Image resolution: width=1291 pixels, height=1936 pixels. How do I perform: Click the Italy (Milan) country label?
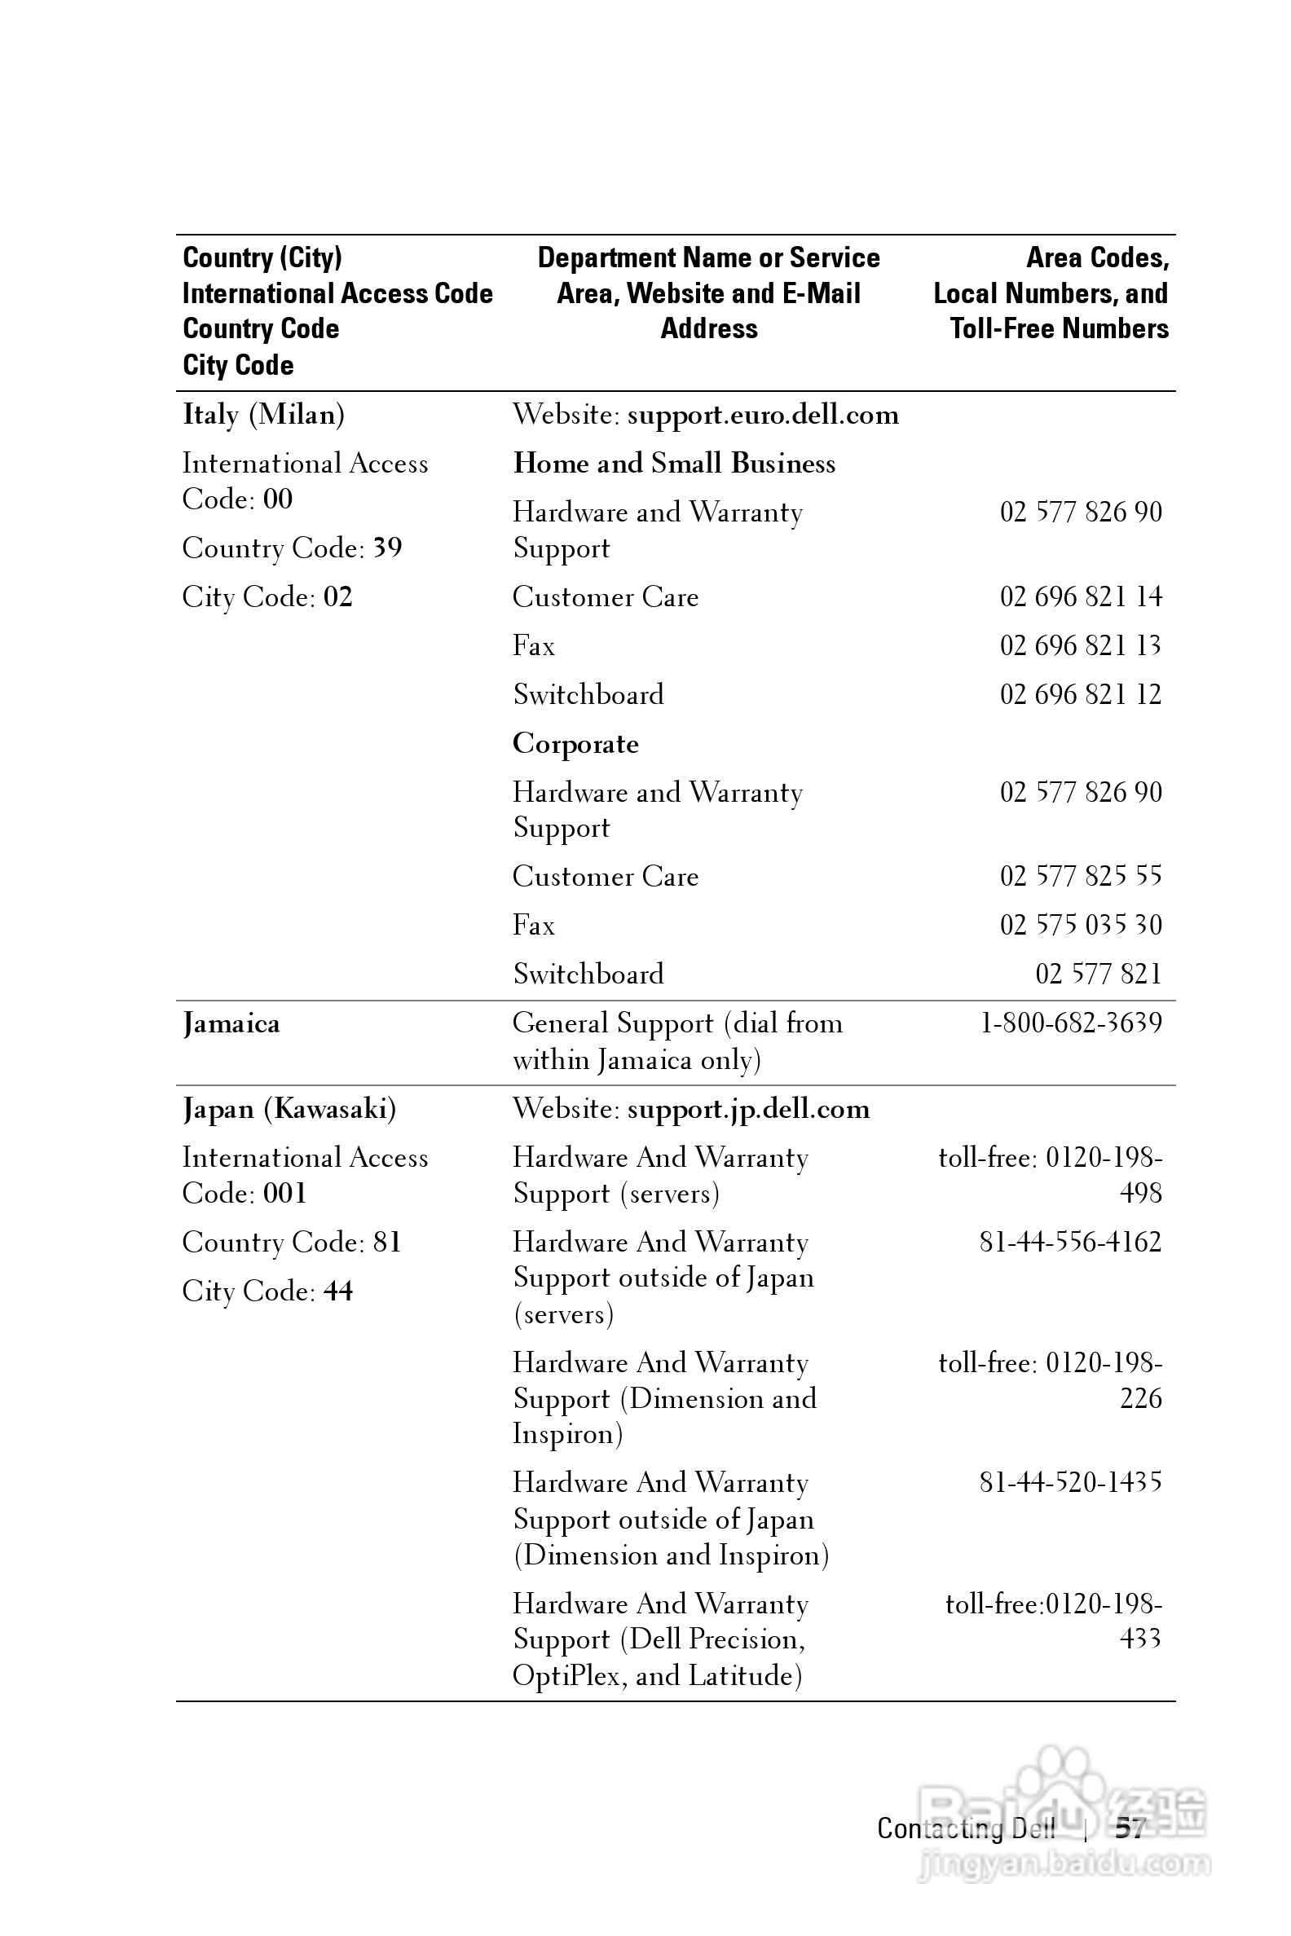(263, 414)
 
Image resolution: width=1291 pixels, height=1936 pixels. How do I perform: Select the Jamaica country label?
(231, 1024)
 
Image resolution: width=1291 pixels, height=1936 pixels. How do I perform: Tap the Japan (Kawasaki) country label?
(289, 1109)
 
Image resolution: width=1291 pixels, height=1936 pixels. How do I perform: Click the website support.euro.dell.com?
(762, 415)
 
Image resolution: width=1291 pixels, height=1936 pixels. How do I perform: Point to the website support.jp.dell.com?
(747, 1110)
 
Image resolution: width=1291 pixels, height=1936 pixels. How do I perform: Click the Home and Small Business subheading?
(674, 464)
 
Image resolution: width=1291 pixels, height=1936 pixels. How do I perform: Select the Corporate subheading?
(575, 744)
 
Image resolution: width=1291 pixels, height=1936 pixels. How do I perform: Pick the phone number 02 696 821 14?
(1080, 596)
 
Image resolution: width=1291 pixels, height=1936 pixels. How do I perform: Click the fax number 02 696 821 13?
(1080, 645)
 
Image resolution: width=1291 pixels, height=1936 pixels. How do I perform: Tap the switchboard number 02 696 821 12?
(1080, 695)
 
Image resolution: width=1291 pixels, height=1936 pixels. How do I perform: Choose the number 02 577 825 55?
(1080, 876)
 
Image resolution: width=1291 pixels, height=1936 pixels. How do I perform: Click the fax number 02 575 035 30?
(1080, 925)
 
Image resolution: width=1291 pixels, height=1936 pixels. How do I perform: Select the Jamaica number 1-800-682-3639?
(1070, 1023)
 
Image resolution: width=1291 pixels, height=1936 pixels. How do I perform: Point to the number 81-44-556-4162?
(1070, 1242)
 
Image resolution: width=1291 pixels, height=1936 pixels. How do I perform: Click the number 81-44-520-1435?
(1070, 1482)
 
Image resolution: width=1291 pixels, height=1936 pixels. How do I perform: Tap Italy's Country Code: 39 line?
(293, 548)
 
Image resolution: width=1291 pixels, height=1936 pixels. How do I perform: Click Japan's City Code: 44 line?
(267, 1291)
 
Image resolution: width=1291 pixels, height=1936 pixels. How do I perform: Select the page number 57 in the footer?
(1130, 1828)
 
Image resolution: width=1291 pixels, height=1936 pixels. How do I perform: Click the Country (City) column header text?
(262, 257)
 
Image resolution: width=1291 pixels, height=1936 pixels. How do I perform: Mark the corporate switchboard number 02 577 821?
(1098, 975)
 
